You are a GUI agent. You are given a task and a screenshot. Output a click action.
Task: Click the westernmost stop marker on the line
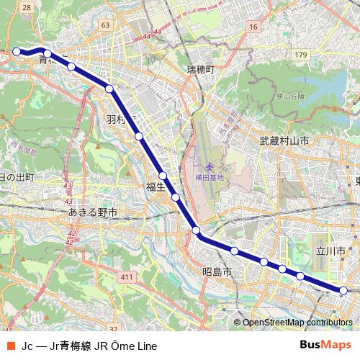[x=17, y=51]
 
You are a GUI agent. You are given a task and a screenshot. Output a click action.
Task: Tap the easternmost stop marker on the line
[x=343, y=291]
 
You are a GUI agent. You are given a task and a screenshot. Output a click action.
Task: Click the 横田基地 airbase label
[x=210, y=177]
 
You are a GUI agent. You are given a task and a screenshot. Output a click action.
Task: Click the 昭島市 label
[x=217, y=273]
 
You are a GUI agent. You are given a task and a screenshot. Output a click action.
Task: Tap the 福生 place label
[x=156, y=187]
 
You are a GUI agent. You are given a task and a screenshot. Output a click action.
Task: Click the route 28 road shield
[x=27, y=6]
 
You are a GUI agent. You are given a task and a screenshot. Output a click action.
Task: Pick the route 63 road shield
[x=107, y=25]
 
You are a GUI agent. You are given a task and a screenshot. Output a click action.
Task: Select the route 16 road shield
[x=252, y=27]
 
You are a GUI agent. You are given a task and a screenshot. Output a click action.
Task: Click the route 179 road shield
[x=300, y=55]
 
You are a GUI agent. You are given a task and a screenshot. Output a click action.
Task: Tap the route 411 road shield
[x=127, y=277]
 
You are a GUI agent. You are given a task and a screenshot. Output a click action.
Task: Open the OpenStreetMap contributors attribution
[x=297, y=322]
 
